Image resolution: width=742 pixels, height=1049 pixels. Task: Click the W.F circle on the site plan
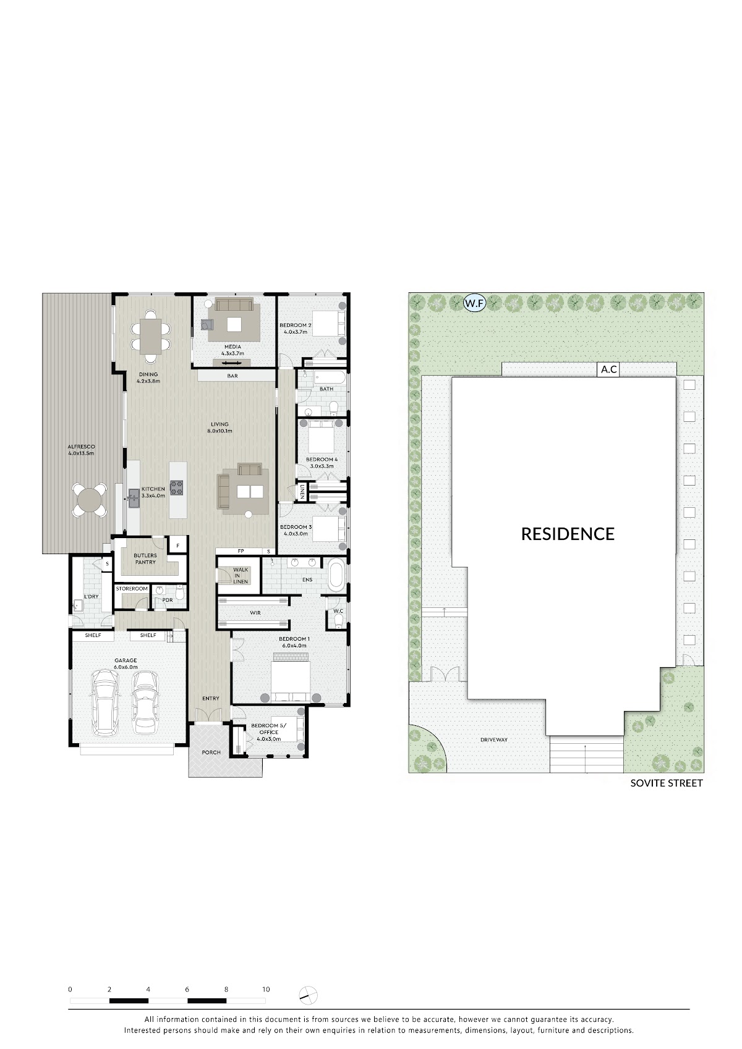click(x=474, y=303)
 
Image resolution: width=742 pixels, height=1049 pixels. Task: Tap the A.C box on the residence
click(x=608, y=369)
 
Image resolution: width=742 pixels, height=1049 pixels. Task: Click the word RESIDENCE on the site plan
click(x=568, y=534)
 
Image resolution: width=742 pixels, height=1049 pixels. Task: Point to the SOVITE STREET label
click(x=666, y=783)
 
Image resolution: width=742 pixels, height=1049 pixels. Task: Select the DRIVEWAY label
click(x=493, y=739)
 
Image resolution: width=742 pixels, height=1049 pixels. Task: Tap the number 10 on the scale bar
click(x=266, y=989)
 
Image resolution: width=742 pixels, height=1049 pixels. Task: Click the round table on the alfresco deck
click(x=89, y=500)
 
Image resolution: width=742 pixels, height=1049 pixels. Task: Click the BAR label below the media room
click(x=232, y=376)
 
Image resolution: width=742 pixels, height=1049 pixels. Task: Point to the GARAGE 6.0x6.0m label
click(x=125, y=664)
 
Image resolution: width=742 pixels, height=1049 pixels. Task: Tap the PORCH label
click(x=211, y=752)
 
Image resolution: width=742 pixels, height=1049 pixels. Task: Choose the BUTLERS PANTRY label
click(x=145, y=558)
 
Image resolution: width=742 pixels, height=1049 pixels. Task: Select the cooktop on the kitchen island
click(x=176, y=487)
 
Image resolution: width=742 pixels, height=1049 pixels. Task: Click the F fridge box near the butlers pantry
click(x=177, y=546)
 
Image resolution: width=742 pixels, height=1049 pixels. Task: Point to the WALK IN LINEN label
click(x=241, y=576)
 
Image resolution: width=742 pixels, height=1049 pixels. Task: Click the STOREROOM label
click(x=132, y=589)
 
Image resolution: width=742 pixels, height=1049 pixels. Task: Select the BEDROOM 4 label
click(x=322, y=463)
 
